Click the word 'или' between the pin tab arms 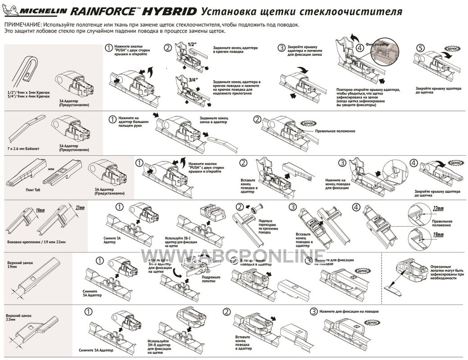51,169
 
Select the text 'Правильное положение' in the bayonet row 335,131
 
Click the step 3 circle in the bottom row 314,311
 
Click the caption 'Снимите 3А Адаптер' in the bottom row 95,350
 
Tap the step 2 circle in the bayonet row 257,119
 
